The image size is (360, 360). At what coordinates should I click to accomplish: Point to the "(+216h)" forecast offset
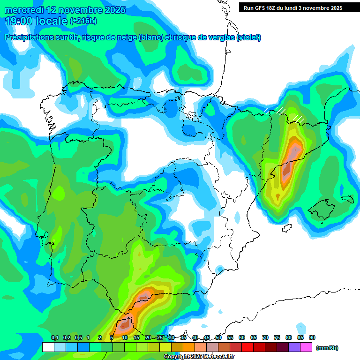coord(83,21)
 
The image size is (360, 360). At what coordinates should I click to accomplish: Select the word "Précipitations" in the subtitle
coord(29,37)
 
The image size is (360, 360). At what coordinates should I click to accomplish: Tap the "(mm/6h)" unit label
coord(327,348)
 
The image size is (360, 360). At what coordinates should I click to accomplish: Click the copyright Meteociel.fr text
coord(199,357)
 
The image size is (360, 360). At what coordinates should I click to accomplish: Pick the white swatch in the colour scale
coord(48,347)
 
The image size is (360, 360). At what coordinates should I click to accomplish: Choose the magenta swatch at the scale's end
coord(306,347)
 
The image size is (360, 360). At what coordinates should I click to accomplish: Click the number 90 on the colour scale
coord(312,337)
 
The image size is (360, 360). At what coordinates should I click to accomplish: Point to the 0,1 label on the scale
coord(54,337)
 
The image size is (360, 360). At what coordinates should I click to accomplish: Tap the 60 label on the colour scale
coord(242,337)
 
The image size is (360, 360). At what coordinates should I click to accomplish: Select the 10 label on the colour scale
coord(125,337)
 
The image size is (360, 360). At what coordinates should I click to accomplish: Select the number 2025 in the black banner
coord(333,8)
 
